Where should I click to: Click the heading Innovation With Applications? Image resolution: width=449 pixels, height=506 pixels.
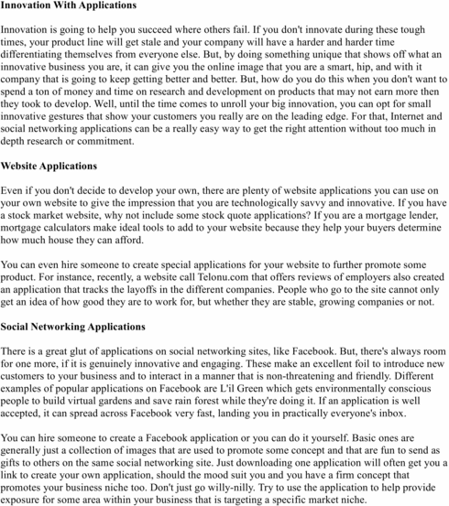(69, 5)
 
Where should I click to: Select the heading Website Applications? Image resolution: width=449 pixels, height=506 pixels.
(49, 167)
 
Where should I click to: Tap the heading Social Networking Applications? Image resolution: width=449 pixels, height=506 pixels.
(74, 327)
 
